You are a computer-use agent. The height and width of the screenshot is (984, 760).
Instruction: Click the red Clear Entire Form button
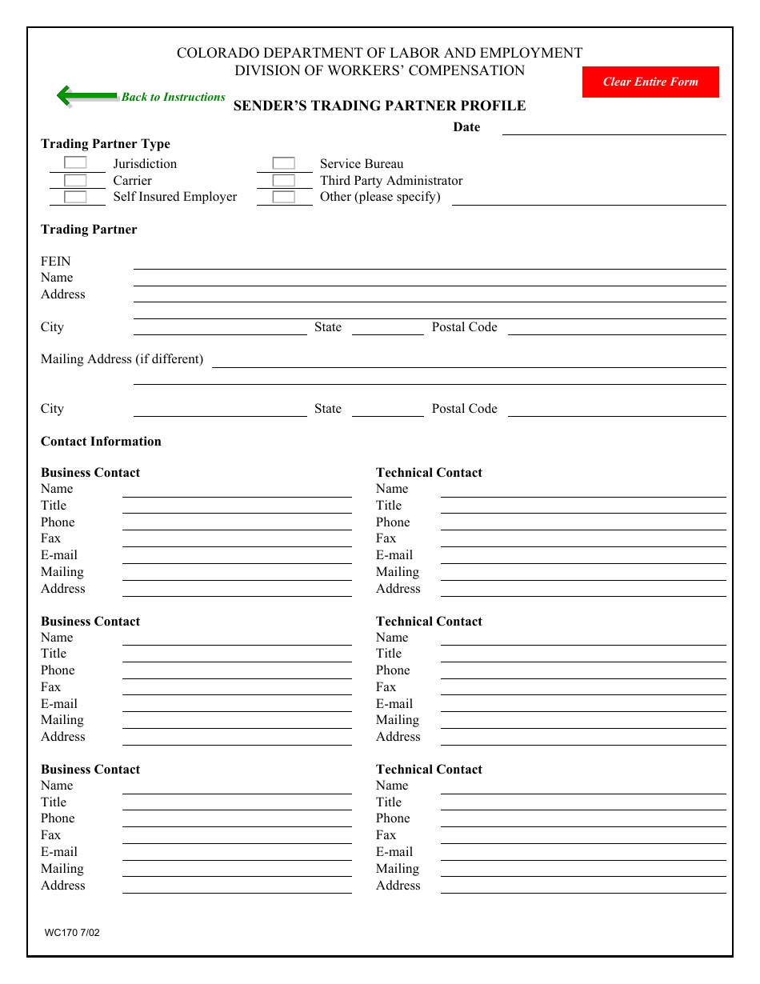click(x=650, y=82)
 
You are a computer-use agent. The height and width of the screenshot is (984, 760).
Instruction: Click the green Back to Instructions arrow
click(x=86, y=96)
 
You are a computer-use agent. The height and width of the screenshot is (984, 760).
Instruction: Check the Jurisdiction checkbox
click(x=75, y=163)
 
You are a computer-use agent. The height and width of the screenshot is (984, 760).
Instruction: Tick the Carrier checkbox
click(x=75, y=180)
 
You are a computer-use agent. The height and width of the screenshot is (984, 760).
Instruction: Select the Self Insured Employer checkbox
click(x=75, y=197)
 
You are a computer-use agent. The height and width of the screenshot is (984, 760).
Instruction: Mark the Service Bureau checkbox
click(x=283, y=163)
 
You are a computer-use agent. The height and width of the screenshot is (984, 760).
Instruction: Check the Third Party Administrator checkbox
click(x=283, y=180)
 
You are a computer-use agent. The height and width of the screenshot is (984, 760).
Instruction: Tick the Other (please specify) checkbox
click(x=283, y=197)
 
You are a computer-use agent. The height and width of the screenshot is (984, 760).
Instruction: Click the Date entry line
click(x=614, y=128)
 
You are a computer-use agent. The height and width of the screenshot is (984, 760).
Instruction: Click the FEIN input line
click(x=430, y=262)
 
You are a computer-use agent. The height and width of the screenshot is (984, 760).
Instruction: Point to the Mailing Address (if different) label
click(x=122, y=359)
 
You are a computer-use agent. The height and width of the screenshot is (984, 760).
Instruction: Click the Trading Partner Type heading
click(x=106, y=144)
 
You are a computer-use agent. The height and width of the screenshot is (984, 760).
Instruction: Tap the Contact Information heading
click(x=101, y=442)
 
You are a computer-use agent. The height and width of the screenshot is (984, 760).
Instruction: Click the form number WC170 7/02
click(x=72, y=933)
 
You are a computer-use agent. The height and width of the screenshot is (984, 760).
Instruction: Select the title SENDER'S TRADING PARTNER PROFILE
click(x=379, y=106)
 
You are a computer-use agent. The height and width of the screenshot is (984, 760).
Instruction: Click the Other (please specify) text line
click(x=589, y=198)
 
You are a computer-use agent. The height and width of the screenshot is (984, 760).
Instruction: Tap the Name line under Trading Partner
click(x=430, y=279)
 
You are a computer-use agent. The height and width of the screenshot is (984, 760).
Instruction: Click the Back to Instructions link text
click(x=174, y=97)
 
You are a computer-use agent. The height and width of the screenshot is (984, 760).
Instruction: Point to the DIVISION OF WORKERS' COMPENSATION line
click(x=379, y=70)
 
